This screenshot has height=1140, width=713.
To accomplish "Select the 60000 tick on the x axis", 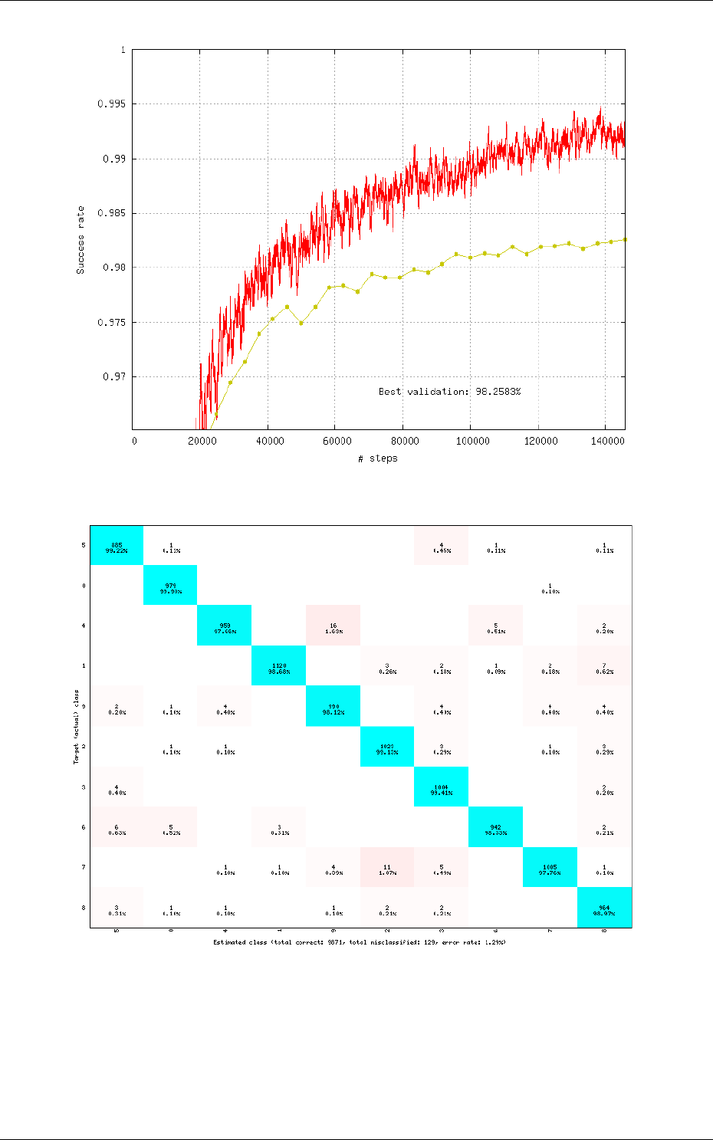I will (x=337, y=441).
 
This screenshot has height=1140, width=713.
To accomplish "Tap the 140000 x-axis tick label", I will (x=607, y=441).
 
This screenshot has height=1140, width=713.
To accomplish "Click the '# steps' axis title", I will (x=378, y=458).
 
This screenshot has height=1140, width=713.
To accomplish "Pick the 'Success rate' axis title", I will (x=80, y=240).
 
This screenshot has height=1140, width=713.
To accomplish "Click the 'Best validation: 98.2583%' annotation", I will (x=449, y=392).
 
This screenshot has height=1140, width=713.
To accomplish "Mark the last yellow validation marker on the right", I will (x=625, y=239).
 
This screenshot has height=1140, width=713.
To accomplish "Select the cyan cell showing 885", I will (x=117, y=546).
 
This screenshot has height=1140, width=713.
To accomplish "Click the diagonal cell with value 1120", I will (x=279, y=666).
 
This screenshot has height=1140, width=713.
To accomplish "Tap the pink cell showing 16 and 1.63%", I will (x=333, y=626).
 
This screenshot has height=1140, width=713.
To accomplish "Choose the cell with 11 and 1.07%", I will (x=387, y=867).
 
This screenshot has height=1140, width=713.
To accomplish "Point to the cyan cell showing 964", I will (x=604, y=908).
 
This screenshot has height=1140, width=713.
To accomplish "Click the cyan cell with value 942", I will (x=495, y=827).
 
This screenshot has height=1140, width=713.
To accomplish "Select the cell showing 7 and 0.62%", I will (x=604, y=666).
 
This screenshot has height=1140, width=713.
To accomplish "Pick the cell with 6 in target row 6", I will (x=117, y=827).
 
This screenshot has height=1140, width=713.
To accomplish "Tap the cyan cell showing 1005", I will (x=550, y=867).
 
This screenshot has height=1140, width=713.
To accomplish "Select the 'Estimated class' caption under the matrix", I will (x=360, y=941).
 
